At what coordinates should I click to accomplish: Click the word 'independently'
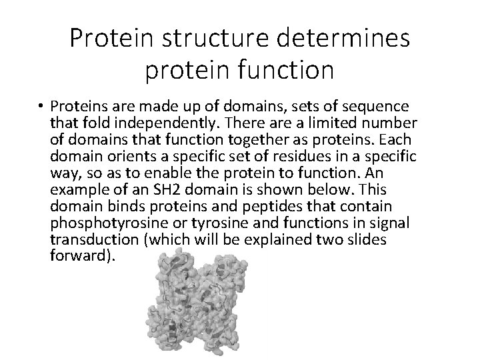click(157, 123)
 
